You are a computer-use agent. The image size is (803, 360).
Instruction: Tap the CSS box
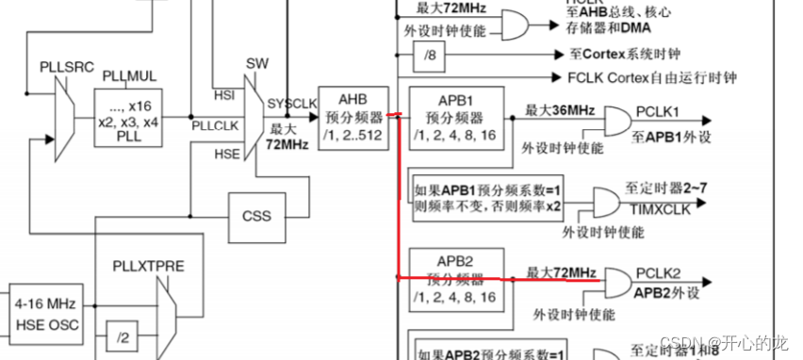[x=255, y=216]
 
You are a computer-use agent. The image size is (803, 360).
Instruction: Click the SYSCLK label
[x=291, y=101]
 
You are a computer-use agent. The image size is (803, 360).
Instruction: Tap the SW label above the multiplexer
[x=257, y=62]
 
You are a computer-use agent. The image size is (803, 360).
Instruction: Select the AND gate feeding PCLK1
[x=616, y=121]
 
